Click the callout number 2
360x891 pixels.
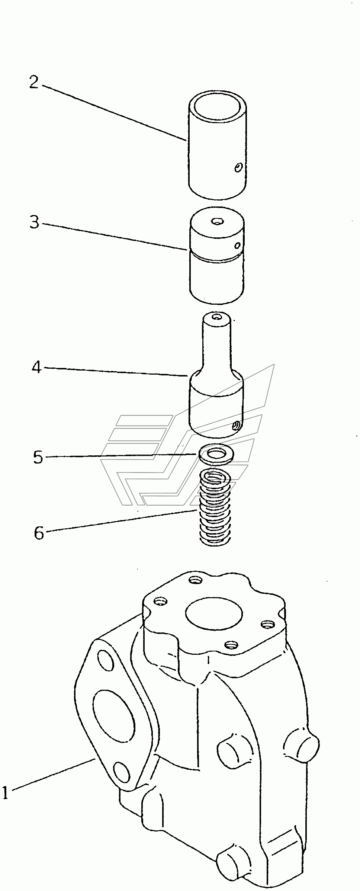(x=34, y=82)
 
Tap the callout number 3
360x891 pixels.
(x=35, y=222)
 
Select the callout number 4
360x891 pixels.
(x=36, y=368)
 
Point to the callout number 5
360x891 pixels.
(x=38, y=457)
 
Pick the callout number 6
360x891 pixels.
(x=39, y=533)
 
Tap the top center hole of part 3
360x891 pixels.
(x=216, y=222)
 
